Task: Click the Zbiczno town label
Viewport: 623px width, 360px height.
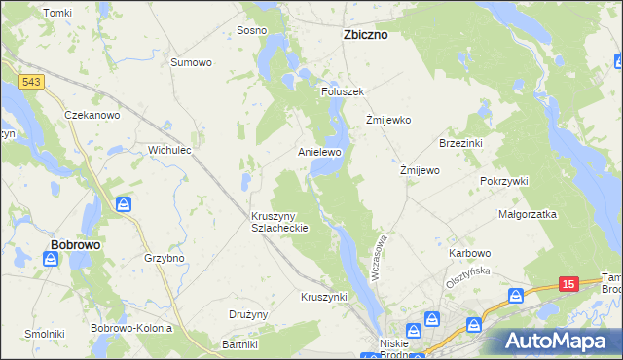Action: [365, 34]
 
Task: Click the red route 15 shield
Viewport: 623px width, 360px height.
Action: [569, 283]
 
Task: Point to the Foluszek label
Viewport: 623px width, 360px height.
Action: [342, 91]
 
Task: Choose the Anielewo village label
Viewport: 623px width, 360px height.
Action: [319, 153]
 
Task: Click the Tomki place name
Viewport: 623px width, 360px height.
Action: [58, 13]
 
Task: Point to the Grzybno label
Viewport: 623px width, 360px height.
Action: [164, 259]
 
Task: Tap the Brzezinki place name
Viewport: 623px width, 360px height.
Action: [461, 142]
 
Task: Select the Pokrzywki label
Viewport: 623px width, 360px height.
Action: [503, 181]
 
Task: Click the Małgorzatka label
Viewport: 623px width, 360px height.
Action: [527, 213]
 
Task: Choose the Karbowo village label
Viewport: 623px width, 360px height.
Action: [469, 253]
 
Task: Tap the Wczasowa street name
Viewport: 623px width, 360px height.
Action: [385, 256]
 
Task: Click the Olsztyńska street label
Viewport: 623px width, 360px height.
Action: [464, 278]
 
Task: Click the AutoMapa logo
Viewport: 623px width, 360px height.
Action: [558, 341]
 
